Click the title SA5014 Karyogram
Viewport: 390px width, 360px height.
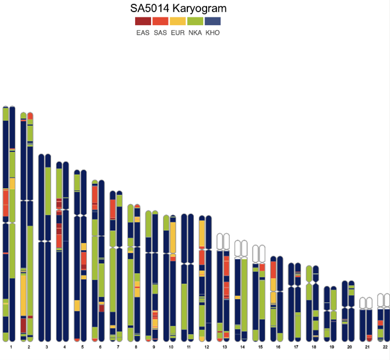tap(178, 9)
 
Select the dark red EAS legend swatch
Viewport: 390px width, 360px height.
tap(143, 21)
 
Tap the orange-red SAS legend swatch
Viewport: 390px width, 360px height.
tap(160, 21)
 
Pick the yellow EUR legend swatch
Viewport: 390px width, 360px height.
tap(177, 21)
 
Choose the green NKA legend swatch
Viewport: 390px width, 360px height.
tap(195, 21)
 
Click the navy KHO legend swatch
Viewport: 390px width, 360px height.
tap(213, 21)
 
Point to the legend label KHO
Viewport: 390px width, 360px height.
tap(213, 33)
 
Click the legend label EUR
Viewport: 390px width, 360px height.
tap(177, 33)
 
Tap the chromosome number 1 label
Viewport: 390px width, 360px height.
tap(10, 348)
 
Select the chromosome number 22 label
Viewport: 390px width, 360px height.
tap(385, 348)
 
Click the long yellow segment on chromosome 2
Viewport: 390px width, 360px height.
tap(24, 294)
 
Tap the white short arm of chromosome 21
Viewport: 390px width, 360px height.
tap(363, 302)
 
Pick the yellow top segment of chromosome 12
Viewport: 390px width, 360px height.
tap(202, 234)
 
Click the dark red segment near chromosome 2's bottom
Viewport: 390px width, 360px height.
tap(24, 325)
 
